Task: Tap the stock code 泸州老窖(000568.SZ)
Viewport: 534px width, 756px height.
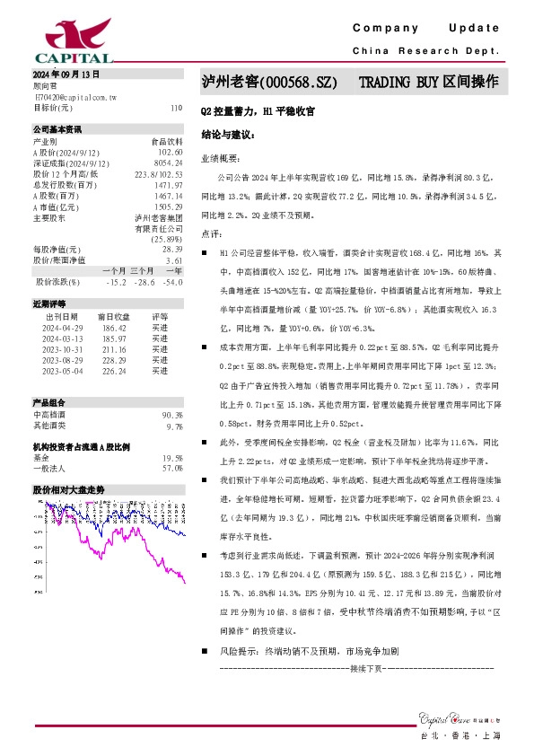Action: coord(269,83)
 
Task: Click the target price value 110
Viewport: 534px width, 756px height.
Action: coord(176,108)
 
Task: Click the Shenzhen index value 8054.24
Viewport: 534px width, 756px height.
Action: coord(169,163)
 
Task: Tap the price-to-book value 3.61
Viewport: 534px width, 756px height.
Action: coord(174,259)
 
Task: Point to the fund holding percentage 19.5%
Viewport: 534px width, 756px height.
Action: coord(171,457)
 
